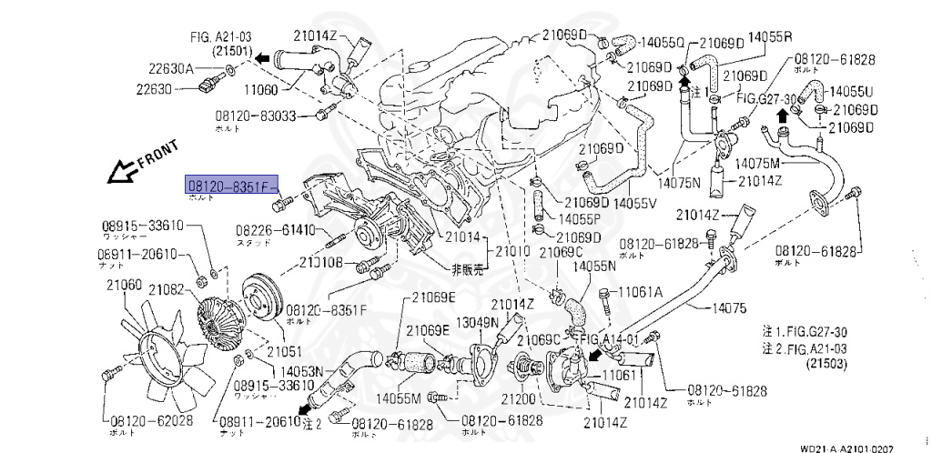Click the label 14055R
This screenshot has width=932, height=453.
pos(770,37)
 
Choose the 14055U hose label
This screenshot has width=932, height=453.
pos(853,92)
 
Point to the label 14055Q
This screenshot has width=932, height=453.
pos(661,42)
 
